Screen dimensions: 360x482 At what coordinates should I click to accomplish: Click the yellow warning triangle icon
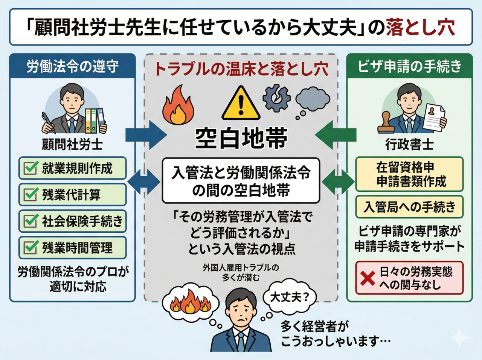click(x=241, y=104)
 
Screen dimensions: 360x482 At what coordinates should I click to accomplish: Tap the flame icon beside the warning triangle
click(x=178, y=105)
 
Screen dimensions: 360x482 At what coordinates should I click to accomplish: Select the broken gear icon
click(x=276, y=99)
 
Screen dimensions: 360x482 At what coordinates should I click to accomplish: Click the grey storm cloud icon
click(x=313, y=99)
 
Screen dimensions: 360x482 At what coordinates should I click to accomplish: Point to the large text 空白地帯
click(x=241, y=138)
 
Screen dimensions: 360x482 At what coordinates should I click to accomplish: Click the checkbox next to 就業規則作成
click(x=31, y=168)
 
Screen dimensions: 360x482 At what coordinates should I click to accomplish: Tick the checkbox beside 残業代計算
click(x=31, y=195)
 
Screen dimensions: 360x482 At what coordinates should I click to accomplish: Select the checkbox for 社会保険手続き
click(x=31, y=221)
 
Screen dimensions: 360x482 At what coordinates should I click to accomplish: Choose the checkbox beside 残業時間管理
click(x=31, y=248)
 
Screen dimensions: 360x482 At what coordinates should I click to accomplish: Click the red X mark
click(x=368, y=278)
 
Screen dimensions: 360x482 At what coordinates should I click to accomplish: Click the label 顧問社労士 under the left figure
click(x=72, y=145)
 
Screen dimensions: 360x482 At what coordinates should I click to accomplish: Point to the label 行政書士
click(x=409, y=145)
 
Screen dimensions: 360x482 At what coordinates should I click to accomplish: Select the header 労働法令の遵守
click(x=72, y=66)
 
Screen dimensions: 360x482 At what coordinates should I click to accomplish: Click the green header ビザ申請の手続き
click(x=409, y=66)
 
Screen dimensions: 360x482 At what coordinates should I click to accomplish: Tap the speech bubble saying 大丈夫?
click(x=289, y=297)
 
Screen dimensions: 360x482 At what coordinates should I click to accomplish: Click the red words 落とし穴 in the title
click(x=420, y=27)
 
